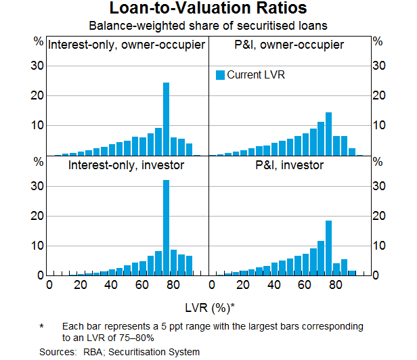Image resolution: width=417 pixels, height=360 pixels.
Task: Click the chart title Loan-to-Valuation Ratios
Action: pos(208,9)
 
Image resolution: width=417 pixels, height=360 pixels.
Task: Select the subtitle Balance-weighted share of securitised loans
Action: pos(208,26)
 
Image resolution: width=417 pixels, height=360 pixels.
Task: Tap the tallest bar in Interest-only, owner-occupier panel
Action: pos(166,119)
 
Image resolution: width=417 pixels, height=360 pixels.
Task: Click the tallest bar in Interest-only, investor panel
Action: pos(166,227)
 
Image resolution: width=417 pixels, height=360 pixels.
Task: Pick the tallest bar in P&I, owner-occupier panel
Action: pos(328,134)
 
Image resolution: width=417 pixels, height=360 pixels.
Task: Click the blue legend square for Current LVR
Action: pos(220,75)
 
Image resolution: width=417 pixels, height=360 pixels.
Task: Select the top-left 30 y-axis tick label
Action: pos(39,66)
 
